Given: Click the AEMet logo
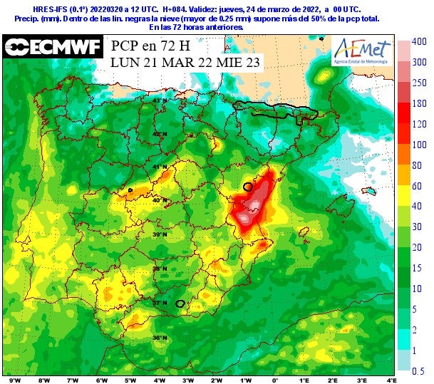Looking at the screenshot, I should (x=363, y=52).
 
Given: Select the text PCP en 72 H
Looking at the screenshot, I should (x=150, y=46).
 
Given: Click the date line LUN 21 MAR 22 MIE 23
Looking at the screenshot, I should (x=185, y=63).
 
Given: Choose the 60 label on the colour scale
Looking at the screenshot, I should (x=419, y=185).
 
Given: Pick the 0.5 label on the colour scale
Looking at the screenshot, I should (x=420, y=370).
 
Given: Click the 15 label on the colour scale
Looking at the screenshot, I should (x=419, y=268).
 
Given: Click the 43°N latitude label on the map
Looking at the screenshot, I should (x=160, y=100).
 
